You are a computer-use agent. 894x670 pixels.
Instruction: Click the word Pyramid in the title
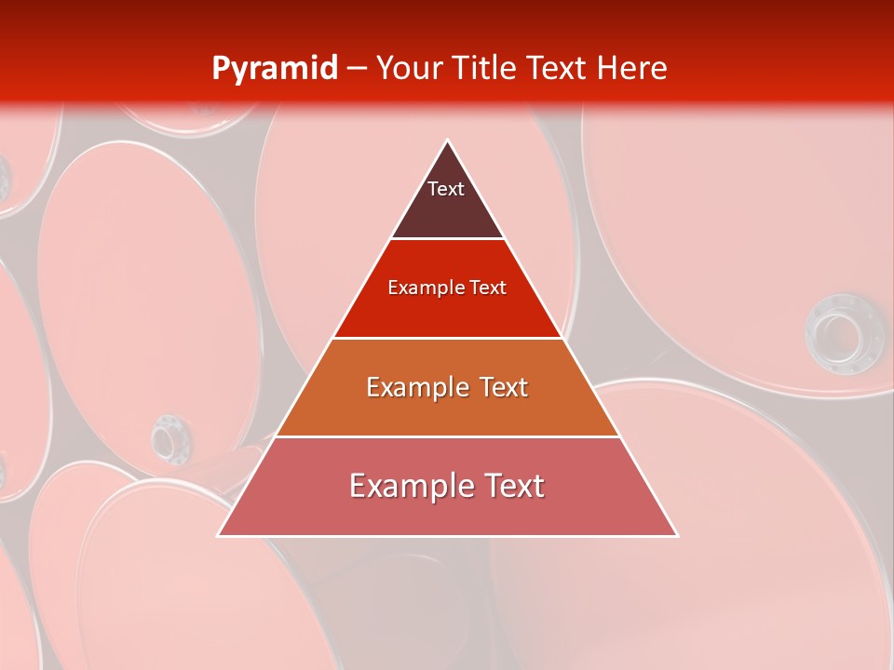coord(274,69)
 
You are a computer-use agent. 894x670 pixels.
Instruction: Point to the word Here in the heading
coord(633,68)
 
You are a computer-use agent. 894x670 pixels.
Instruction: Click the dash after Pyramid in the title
coord(356,69)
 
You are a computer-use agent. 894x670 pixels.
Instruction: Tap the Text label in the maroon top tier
coord(446,189)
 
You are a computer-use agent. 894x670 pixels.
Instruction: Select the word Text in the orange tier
coord(497,387)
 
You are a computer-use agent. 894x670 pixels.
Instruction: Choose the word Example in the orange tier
coord(414,387)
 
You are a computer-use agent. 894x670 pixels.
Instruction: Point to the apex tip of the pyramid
coord(448,141)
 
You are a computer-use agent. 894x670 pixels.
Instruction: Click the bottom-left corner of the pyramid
coord(218,535)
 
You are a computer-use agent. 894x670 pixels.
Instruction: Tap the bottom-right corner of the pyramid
coord(677,535)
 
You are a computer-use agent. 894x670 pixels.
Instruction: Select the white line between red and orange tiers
coord(448,338)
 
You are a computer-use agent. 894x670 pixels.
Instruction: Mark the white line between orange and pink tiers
coord(448,436)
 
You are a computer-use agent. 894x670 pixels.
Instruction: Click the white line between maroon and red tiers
coord(448,239)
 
